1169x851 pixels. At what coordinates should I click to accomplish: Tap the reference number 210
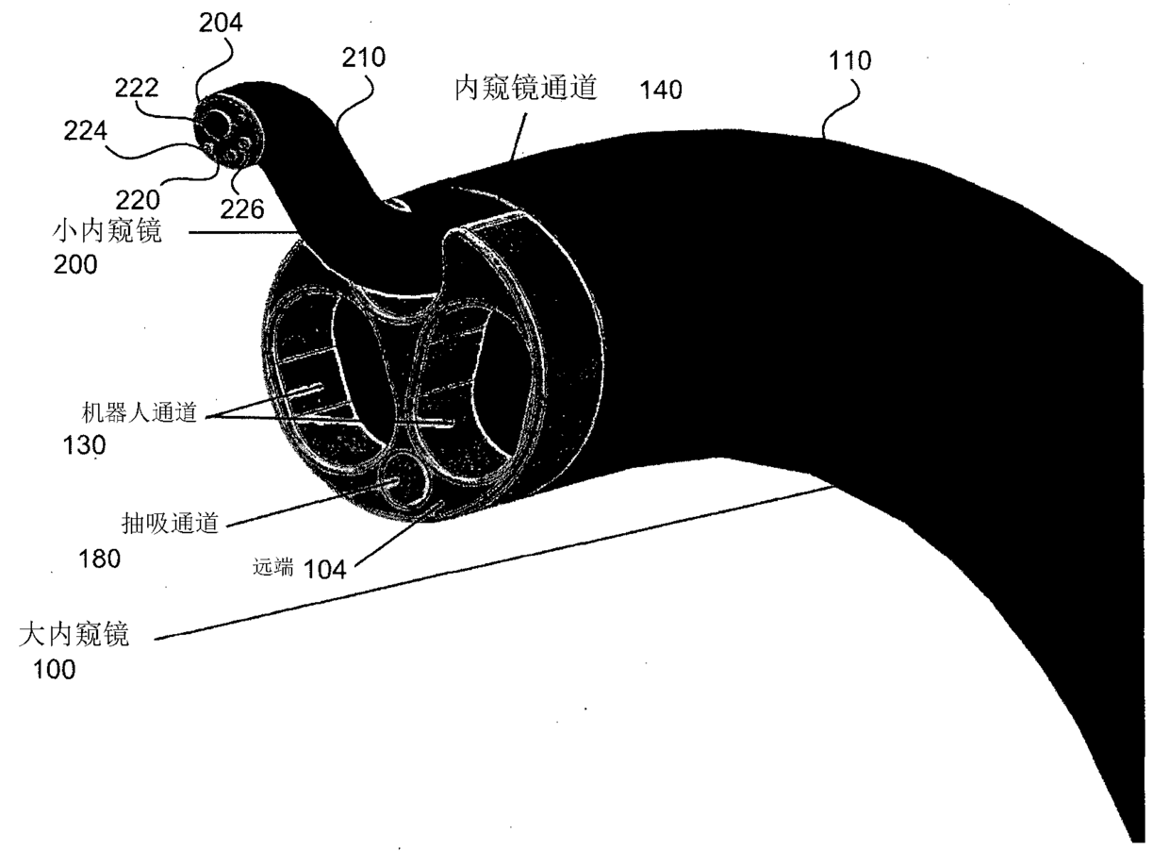coord(365,58)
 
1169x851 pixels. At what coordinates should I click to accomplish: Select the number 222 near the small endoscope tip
coord(136,88)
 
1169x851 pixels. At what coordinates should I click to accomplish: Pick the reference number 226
coord(243,208)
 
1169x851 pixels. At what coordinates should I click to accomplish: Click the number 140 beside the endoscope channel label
coord(661,91)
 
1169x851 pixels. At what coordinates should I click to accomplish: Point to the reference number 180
coord(101,559)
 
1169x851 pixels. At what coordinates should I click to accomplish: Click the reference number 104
coord(324,568)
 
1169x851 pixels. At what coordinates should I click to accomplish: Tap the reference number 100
coord(55,671)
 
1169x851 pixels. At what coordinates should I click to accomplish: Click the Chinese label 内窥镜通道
coord(527,90)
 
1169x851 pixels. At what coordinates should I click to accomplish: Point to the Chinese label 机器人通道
coord(140,413)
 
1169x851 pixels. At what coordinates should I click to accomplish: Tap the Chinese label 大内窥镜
coord(74,635)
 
